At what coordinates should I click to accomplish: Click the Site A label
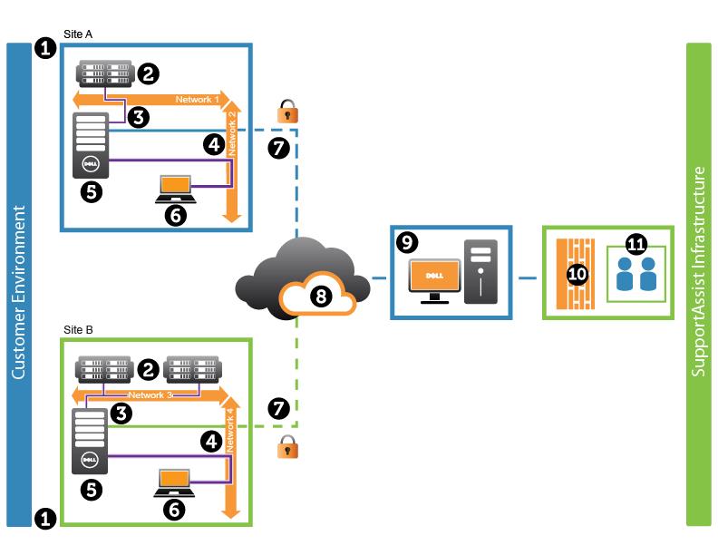(78, 34)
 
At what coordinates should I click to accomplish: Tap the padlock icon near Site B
(288, 446)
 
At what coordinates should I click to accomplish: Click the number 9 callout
(407, 242)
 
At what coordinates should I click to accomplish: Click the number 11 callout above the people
(636, 244)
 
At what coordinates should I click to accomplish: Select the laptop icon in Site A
(175, 186)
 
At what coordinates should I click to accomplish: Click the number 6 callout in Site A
(175, 215)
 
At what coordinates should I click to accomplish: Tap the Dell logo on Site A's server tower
(91, 164)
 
